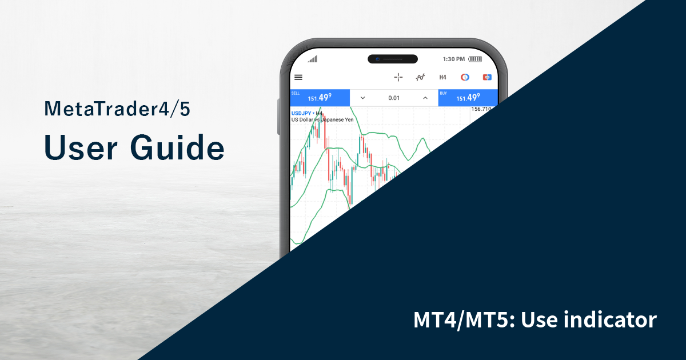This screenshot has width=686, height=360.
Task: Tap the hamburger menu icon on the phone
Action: click(298, 77)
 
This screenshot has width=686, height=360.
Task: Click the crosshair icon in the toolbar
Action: click(398, 77)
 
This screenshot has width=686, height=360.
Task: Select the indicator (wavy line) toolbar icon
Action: click(421, 77)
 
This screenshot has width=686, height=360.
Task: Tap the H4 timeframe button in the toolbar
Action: click(442, 77)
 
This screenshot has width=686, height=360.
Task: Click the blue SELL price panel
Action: click(320, 98)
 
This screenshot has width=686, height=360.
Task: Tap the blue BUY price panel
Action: click(468, 98)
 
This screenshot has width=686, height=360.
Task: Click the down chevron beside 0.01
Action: click(362, 98)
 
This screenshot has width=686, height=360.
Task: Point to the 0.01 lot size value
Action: click(394, 98)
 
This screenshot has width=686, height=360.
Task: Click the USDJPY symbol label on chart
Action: click(302, 113)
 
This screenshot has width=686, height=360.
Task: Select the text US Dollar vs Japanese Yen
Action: click(322, 120)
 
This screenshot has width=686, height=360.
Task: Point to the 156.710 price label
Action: click(482, 109)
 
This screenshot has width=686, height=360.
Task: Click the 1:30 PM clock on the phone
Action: click(454, 59)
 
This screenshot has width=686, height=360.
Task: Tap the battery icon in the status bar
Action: click(475, 59)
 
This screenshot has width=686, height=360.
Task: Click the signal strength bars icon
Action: click(312, 59)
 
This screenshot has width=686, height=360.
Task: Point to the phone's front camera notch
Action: click(393, 59)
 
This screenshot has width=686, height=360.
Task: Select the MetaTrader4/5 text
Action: click(117, 109)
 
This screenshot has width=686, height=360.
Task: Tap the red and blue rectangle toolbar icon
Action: click(487, 77)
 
